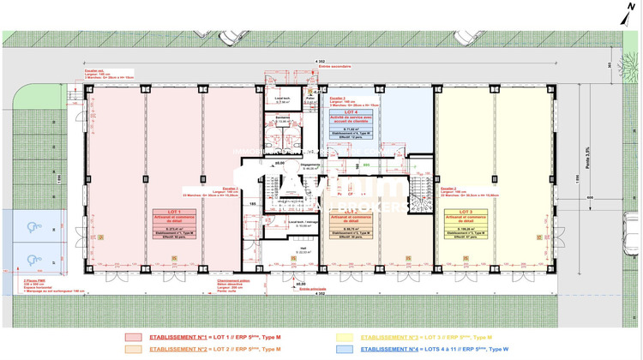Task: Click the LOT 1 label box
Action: (175, 223)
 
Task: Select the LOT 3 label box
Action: (466, 223)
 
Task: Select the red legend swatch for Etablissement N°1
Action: (133, 337)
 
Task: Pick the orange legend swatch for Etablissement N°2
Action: (133, 349)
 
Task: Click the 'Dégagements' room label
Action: (309, 165)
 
